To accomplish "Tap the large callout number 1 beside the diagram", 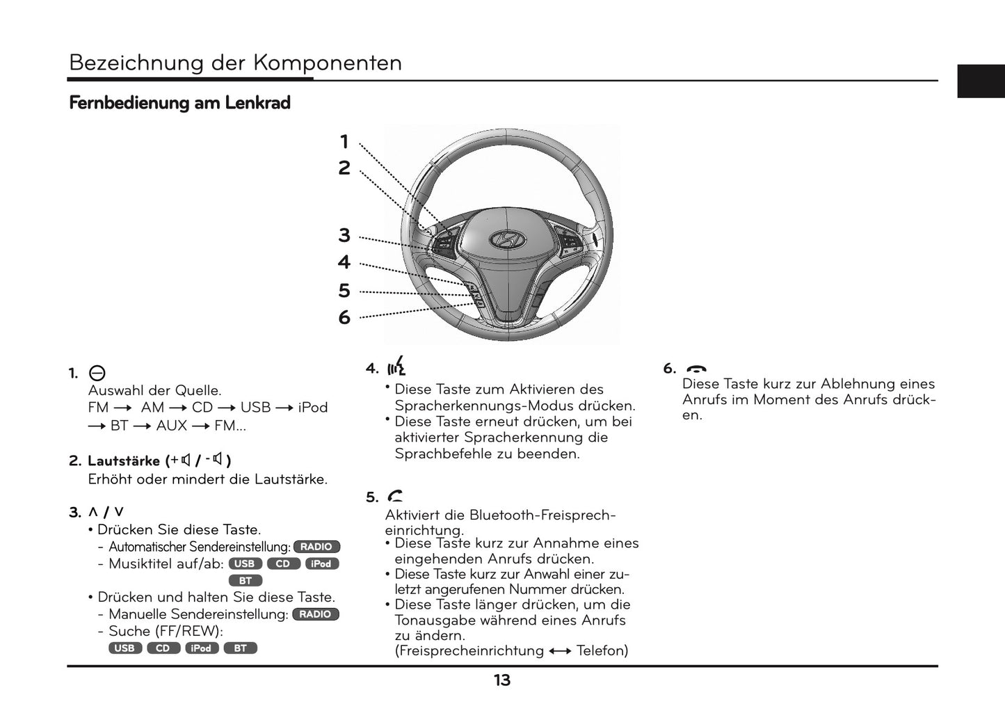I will coord(344,142).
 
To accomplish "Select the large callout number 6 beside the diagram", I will coord(344,317).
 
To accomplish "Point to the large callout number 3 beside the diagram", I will coord(344,235).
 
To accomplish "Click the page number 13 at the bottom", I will coord(502,680).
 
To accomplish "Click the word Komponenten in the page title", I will coord(327,63).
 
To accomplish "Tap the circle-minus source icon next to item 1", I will coord(97,374).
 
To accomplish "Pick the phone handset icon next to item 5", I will coord(395,496).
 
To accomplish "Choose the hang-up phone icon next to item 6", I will coord(696,369).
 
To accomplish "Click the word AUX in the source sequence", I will coord(172,426).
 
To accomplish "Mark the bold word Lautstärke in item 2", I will coord(124,461).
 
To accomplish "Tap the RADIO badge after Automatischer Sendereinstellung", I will coord(316,547).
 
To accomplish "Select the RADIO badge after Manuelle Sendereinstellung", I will coord(316,614).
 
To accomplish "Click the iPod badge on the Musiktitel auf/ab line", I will coord(321,563).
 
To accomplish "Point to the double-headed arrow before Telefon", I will coord(560,651).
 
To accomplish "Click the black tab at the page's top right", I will coord(981,81).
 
